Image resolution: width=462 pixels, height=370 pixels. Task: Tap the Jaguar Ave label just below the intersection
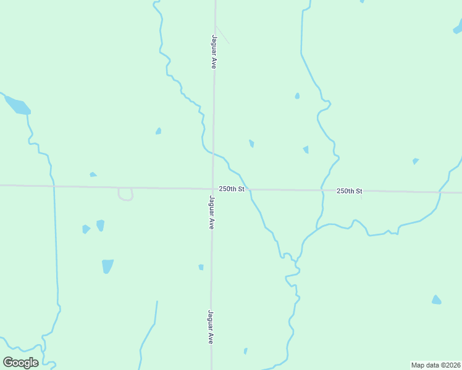[211, 213]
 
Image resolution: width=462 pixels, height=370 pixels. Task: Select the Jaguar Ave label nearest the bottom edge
[211, 327]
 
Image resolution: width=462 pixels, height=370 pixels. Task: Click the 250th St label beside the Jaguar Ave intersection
[232, 189]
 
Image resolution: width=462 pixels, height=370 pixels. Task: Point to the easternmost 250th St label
[349, 191]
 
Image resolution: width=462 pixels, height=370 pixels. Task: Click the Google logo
[20, 363]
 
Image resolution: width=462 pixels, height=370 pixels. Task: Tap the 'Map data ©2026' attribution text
[435, 365]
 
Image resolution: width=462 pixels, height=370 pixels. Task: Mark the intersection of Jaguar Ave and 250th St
[212, 188]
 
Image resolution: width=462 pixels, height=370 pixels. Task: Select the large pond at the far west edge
[17, 105]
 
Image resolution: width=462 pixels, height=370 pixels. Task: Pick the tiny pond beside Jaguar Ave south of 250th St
[201, 267]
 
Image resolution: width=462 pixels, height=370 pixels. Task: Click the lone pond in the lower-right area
[436, 300]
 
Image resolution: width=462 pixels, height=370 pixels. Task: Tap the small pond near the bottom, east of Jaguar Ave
[245, 351]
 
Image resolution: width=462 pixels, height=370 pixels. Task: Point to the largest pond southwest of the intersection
[107, 266]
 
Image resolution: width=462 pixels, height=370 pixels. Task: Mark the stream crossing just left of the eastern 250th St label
[322, 190]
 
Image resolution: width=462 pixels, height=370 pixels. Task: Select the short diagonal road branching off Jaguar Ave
[222, 35]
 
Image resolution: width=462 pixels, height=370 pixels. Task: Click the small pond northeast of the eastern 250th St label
[416, 161]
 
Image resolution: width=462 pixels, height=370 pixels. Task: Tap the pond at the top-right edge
[458, 28]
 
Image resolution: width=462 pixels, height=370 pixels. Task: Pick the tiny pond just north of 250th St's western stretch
[93, 175]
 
